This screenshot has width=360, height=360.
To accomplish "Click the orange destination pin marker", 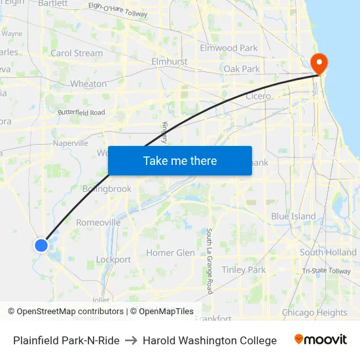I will [320, 63].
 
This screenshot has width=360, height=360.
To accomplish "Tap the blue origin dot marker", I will [41, 245].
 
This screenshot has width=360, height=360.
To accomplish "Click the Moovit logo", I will [321, 340].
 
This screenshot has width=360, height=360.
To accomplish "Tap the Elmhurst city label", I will [169, 62].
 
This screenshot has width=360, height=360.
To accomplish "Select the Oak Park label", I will [242, 69].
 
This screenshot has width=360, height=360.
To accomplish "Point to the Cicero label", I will [257, 96].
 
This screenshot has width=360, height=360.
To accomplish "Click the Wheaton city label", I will [88, 84].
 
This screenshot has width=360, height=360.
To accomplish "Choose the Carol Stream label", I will [77, 53].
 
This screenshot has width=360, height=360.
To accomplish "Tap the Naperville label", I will [70, 143].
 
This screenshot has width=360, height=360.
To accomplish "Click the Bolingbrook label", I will [107, 189].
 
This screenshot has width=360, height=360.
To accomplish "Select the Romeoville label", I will [98, 222].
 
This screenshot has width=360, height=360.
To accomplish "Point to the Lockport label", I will [113, 259].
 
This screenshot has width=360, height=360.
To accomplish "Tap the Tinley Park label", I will [243, 270].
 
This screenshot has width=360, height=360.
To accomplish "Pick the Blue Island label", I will [293, 216].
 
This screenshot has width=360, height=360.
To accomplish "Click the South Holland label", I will [328, 252].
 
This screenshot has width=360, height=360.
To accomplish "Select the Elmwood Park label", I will [229, 48].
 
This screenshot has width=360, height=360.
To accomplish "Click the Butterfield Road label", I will [81, 113].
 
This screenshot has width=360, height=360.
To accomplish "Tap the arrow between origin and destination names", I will [131, 340].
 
